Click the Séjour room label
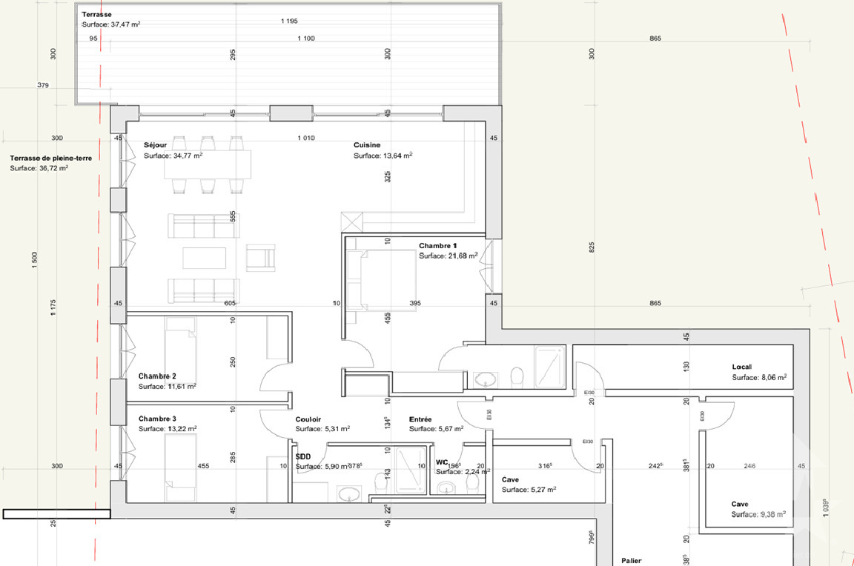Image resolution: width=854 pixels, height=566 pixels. pos(155,146)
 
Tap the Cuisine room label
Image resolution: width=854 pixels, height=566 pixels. pos(368,146)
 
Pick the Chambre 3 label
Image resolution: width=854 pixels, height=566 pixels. pos(158,419)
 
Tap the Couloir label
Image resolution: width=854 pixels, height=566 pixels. pos(308,419)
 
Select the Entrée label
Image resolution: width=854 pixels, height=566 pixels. pos(420,419)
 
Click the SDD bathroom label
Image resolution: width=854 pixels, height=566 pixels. pos(302,457)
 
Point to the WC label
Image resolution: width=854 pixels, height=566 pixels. pos(443,462)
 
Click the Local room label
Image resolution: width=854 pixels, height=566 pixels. pos(742,367)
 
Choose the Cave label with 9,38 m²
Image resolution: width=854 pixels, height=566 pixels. pos(740,505)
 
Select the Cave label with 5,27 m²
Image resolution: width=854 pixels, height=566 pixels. pos(510,479)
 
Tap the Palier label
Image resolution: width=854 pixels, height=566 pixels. pos(632,562)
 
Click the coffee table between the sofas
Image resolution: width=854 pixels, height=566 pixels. pos(205,258)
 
